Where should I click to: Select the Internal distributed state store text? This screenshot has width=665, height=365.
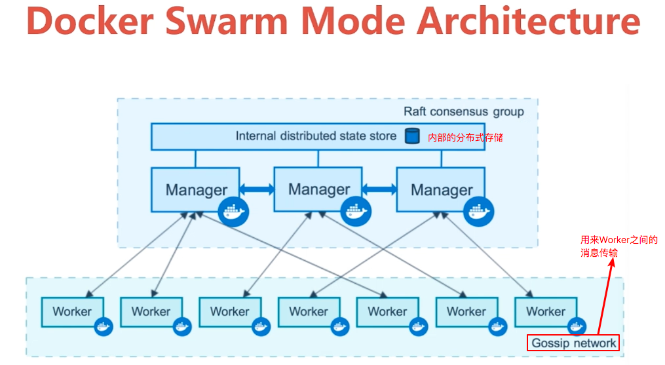coord(316,136)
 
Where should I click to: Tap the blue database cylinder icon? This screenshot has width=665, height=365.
coord(411,136)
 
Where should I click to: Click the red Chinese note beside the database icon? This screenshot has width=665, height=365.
coord(465,138)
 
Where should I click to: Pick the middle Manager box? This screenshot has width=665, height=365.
coord(318,189)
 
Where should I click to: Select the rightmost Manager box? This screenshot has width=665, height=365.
coord(441,190)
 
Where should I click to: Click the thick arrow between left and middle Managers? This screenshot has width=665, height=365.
coord(256,189)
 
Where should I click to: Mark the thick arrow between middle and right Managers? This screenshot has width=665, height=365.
coord(379,189)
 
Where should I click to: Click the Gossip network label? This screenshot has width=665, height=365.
coord(573,343)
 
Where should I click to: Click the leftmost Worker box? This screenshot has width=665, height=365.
coord(72,312)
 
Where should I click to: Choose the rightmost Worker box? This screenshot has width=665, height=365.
coord(545,312)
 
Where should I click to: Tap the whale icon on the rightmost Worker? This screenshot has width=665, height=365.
coord(577,326)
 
